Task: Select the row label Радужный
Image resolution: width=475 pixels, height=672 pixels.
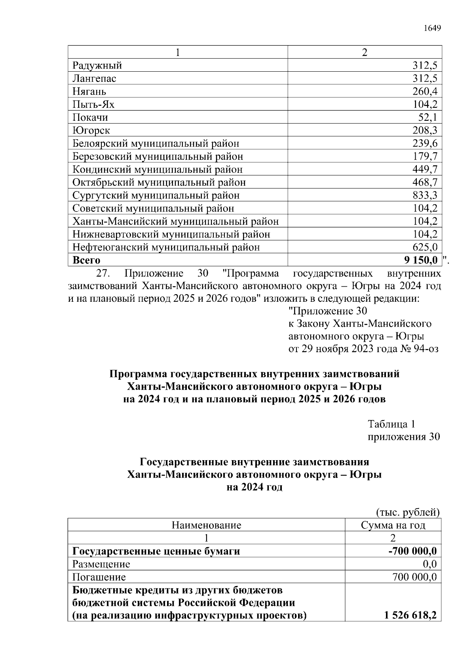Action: (x=97, y=65)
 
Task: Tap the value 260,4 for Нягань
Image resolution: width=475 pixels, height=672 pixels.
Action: (x=425, y=91)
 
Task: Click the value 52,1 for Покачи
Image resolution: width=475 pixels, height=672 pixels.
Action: (x=427, y=118)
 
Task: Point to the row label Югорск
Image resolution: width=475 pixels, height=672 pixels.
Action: (x=91, y=130)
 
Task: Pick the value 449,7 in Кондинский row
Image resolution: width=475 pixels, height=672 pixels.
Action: (x=425, y=169)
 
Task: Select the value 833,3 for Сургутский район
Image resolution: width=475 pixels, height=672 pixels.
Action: (x=425, y=195)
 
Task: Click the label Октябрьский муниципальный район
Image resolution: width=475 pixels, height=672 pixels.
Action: (x=159, y=183)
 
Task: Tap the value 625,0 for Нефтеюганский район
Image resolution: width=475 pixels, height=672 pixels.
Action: (x=425, y=247)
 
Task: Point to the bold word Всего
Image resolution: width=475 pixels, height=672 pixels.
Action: (x=86, y=261)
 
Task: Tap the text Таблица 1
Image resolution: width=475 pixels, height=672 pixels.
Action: (x=391, y=424)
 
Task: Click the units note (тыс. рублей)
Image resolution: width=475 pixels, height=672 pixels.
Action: (x=408, y=512)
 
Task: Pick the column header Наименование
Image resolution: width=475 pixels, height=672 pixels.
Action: (x=206, y=525)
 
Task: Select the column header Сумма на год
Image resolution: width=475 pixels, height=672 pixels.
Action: (x=393, y=525)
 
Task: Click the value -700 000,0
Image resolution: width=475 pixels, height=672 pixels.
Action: (x=412, y=551)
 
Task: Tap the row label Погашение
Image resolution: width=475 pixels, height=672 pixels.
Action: (x=99, y=577)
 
